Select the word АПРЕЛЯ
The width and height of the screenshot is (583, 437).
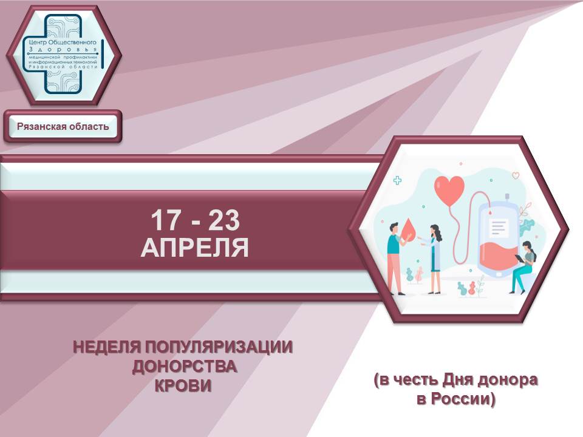pos(194,247)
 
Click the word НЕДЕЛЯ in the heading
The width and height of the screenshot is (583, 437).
pos(107,347)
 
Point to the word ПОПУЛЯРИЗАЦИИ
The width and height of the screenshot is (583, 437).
pos(219,347)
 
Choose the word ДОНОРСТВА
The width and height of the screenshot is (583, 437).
pos(185,367)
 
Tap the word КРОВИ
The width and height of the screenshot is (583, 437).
pos(183,386)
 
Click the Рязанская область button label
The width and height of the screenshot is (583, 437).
pos(63,126)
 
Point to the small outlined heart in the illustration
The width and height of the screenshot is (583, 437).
pos(516,175)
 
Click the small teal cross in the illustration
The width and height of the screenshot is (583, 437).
pos(397,181)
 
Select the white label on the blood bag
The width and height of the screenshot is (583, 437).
pos(498,228)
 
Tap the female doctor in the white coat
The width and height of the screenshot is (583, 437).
pos(434,259)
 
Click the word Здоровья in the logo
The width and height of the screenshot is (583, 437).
pos(63,49)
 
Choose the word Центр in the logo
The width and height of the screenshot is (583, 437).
pos(38,42)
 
